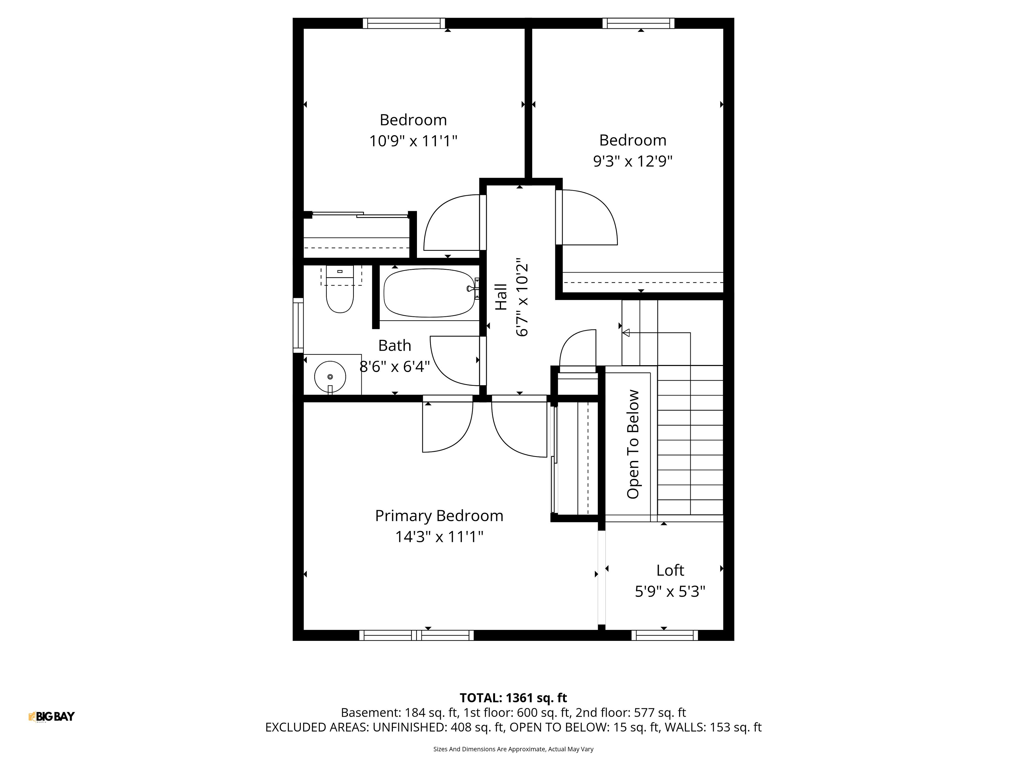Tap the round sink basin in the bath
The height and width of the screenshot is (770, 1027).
[330, 376]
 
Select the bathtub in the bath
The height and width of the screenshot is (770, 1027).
[430, 293]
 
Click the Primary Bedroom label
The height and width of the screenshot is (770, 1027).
[439, 516]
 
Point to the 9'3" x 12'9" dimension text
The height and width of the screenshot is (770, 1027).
[633, 161]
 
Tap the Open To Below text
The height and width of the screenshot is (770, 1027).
[633, 444]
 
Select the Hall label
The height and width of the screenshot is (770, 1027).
[501, 297]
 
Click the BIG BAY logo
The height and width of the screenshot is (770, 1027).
[52, 717]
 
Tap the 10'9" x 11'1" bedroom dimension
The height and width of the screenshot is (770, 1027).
[413, 141]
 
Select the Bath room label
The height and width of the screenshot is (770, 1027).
[395, 345]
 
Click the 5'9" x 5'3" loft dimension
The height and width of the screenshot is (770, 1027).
[670, 591]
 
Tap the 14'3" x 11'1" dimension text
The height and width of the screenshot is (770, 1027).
[439, 537]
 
